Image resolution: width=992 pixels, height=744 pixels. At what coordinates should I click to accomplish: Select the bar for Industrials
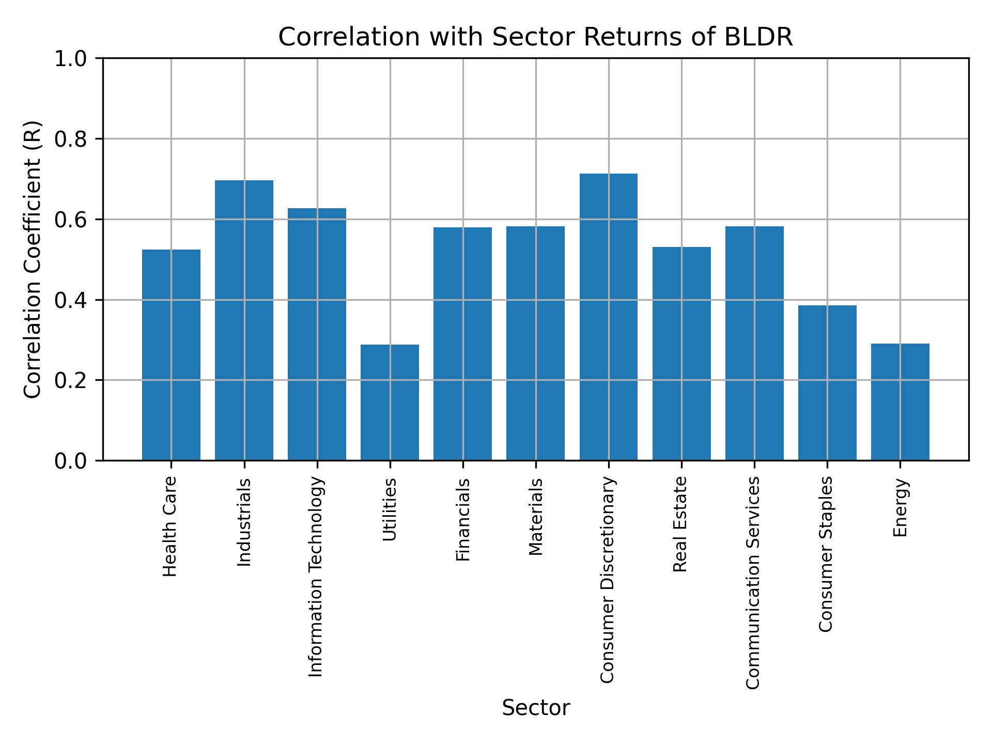(244, 320)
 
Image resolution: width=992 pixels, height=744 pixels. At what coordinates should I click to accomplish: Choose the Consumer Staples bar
(827, 382)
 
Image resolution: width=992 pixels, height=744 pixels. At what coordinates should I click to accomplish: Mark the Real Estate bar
(681, 353)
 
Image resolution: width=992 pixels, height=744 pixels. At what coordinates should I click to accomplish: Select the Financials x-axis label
(463, 520)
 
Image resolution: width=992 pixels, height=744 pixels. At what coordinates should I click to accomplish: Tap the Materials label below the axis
(536, 517)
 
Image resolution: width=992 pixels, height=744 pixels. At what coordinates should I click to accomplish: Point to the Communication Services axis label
(753, 582)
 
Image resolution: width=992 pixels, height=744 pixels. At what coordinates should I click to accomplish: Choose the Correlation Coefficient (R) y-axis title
(33, 259)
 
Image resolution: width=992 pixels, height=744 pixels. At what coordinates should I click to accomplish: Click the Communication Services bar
(754, 343)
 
